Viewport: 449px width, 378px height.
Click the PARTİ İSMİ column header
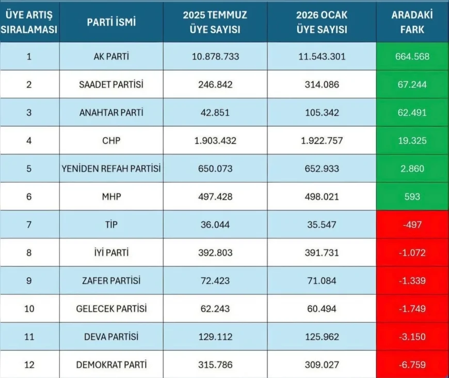click(111, 22)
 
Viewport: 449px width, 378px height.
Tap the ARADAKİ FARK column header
click(411, 22)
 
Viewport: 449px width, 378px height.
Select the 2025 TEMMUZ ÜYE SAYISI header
click(215, 22)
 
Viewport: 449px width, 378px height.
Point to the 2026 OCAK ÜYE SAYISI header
click(321, 22)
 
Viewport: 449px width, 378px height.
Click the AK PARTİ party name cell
click(111, 56)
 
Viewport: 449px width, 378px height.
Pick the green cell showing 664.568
click(411, 56)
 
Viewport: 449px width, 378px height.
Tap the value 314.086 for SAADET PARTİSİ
click(321, 84)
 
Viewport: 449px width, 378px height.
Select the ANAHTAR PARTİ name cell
click(111, 112)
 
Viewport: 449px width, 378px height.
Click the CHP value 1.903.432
click(215, 141)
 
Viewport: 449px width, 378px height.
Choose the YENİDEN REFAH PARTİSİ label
click(111, 169)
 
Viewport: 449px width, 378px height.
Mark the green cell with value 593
click(411, 196)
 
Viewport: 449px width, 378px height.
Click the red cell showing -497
click(411, 224)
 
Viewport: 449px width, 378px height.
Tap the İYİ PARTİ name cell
click(111, 252)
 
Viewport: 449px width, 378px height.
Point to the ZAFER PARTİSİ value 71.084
click(321, 280)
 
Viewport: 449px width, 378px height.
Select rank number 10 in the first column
click(29, 308)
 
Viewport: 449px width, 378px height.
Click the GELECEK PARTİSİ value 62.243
click(215, 308)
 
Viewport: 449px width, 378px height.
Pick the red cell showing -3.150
click(411, 337)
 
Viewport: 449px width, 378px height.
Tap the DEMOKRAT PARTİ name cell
click(111, 365)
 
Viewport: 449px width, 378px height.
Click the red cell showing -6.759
click(411, 365)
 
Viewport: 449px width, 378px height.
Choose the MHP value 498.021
click(321, 196)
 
